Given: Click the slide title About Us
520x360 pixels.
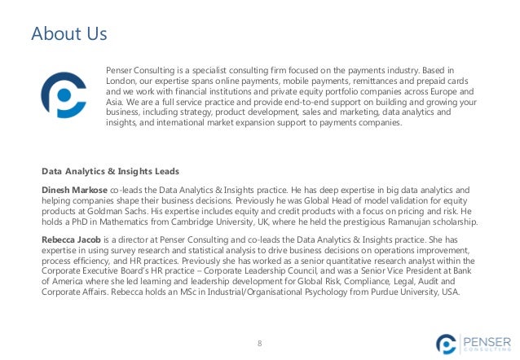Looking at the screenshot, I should (x=68, y=34).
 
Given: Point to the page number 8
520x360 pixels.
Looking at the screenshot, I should (x=260, y=343).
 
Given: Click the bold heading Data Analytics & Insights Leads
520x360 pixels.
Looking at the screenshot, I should (x=110, y=171).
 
